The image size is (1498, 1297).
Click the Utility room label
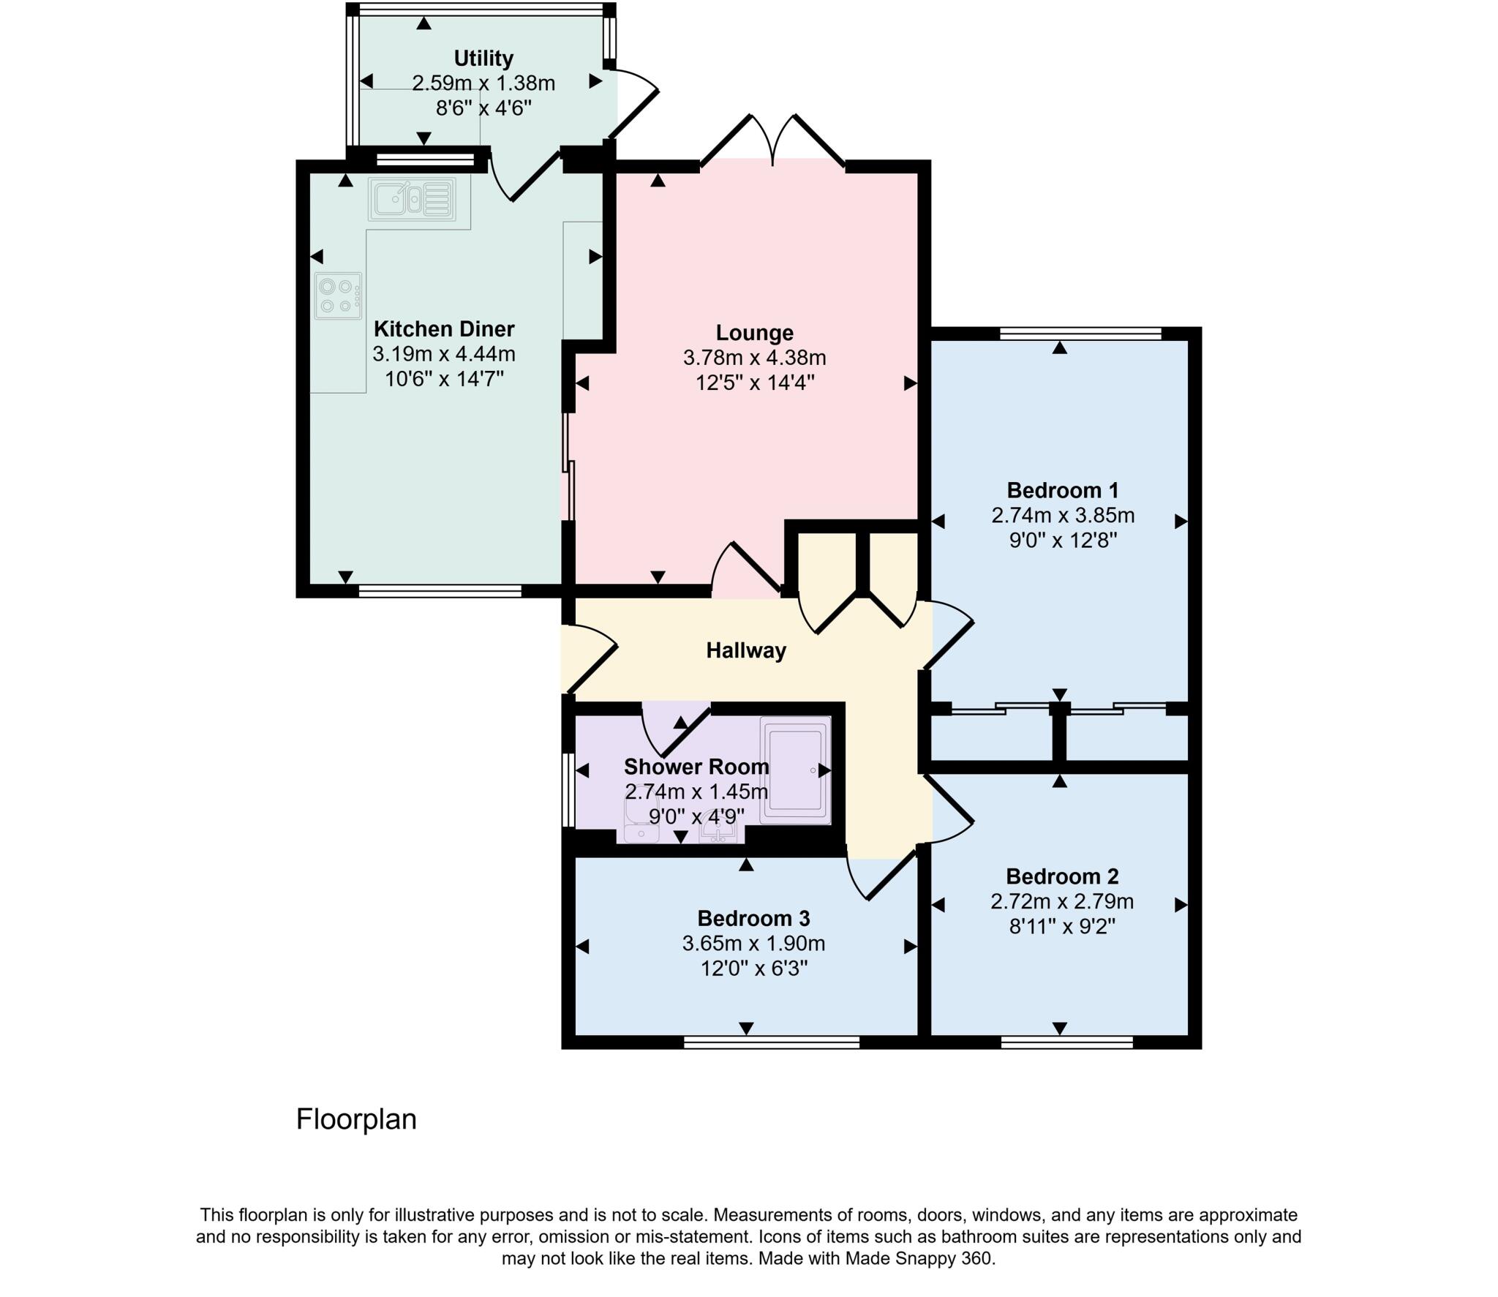point(483,58)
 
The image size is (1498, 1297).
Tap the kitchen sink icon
point(412,198)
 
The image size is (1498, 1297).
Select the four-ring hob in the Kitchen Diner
point(337,296)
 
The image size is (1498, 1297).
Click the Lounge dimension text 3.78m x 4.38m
point(754,358)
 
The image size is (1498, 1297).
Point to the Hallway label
point(745,650)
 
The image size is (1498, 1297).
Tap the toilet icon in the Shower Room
point(641,824)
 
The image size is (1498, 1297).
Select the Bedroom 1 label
point(1062,490)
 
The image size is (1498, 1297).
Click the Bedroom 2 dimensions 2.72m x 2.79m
point(1061,901)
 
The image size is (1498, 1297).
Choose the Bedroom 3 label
point(753,918)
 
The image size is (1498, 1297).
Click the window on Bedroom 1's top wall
point(1080,334)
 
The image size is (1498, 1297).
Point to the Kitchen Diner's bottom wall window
point(440,590)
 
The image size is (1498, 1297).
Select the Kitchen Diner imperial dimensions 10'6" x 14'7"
point(444,379)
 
